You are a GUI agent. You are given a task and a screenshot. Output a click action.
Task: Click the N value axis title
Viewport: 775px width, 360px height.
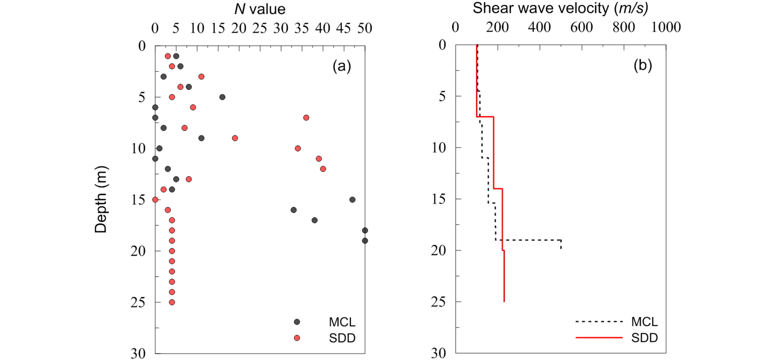coord(260,9)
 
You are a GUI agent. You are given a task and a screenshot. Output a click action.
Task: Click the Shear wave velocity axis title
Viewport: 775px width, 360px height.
coord(560,8)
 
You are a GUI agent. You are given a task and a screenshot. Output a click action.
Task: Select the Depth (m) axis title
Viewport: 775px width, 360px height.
coord(101,199)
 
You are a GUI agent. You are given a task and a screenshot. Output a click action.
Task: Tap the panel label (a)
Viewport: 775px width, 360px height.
coord(342,66)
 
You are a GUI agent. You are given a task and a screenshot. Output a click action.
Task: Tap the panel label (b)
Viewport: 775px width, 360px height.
coord(643,65)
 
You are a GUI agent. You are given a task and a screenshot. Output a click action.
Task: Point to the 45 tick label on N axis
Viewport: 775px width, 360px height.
coord(344,28)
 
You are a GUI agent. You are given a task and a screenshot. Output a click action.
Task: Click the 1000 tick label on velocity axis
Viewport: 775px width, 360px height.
coord(666,27)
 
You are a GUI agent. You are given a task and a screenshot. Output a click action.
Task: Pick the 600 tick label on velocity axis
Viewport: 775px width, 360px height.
coord(582,27)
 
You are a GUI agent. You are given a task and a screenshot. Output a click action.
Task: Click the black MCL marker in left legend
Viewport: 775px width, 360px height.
coord(297,322)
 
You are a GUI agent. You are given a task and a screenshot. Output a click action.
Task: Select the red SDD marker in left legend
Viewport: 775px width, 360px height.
coord(297,338)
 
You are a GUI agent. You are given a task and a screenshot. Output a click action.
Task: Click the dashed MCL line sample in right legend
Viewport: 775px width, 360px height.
coord(599,322)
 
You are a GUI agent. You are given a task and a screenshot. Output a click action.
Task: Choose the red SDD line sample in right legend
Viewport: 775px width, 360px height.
coord(599,338)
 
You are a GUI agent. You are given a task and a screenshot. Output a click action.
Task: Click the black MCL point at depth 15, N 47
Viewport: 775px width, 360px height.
coord(352,200)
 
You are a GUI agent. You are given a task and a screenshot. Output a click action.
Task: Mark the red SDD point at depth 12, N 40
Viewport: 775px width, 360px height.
coord(323,169)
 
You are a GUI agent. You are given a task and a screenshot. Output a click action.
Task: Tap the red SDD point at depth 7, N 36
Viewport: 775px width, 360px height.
coord(306,118)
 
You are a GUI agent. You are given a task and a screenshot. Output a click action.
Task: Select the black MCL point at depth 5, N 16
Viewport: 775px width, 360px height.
coord(222,97)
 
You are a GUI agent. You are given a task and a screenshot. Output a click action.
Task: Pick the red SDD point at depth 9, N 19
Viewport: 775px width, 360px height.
coord(235,138)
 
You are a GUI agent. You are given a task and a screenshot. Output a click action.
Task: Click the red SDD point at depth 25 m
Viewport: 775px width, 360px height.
coord(172,302)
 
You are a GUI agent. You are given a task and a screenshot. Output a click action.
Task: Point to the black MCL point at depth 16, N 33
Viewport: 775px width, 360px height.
coord(294,210)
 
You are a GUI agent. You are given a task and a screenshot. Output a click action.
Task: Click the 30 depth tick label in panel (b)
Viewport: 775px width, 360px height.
coord(439,353)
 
